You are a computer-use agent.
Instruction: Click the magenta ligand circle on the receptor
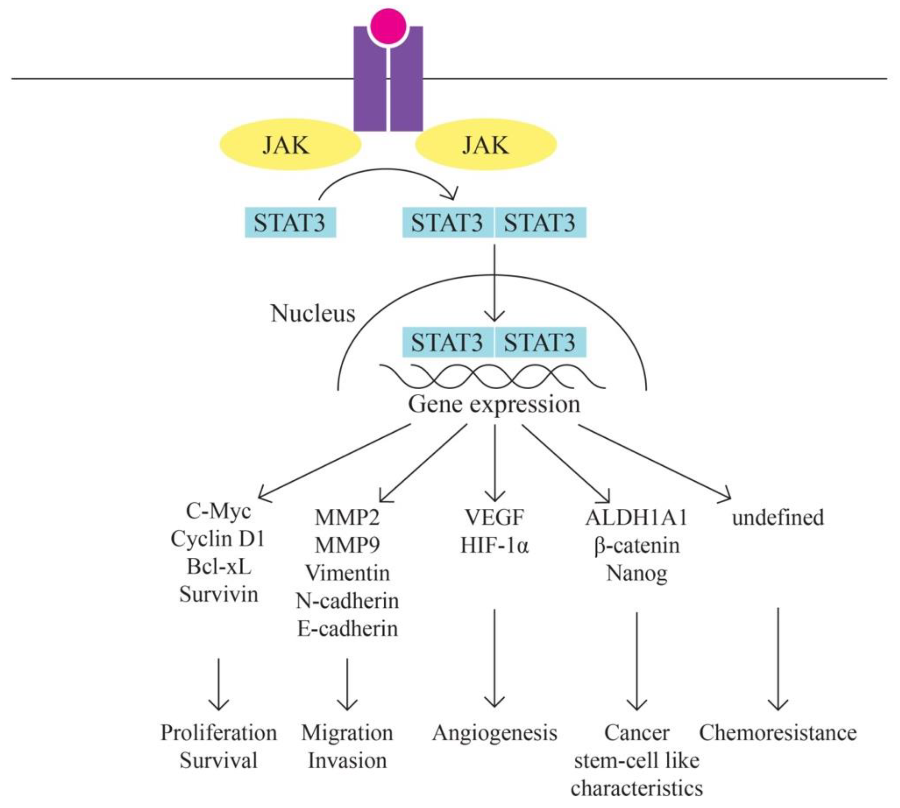coord(388,26)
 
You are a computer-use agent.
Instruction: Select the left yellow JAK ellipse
coord(290,145)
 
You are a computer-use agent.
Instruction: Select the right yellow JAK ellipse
coord(486,145)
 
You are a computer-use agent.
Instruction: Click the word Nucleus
coord(313,314)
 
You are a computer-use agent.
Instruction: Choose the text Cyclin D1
coord(218,539)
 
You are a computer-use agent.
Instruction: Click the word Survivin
coord(218,594)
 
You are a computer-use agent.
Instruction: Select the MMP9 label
coord(347,545)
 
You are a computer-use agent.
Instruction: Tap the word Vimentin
coord(347,573)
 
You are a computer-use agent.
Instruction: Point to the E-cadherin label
coord(347,629)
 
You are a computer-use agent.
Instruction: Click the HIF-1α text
coord(494,545)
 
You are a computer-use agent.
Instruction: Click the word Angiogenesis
coord(494,733)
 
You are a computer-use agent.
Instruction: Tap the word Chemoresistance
coord(777,733)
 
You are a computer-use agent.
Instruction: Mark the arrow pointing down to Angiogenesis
coord(494,657)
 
